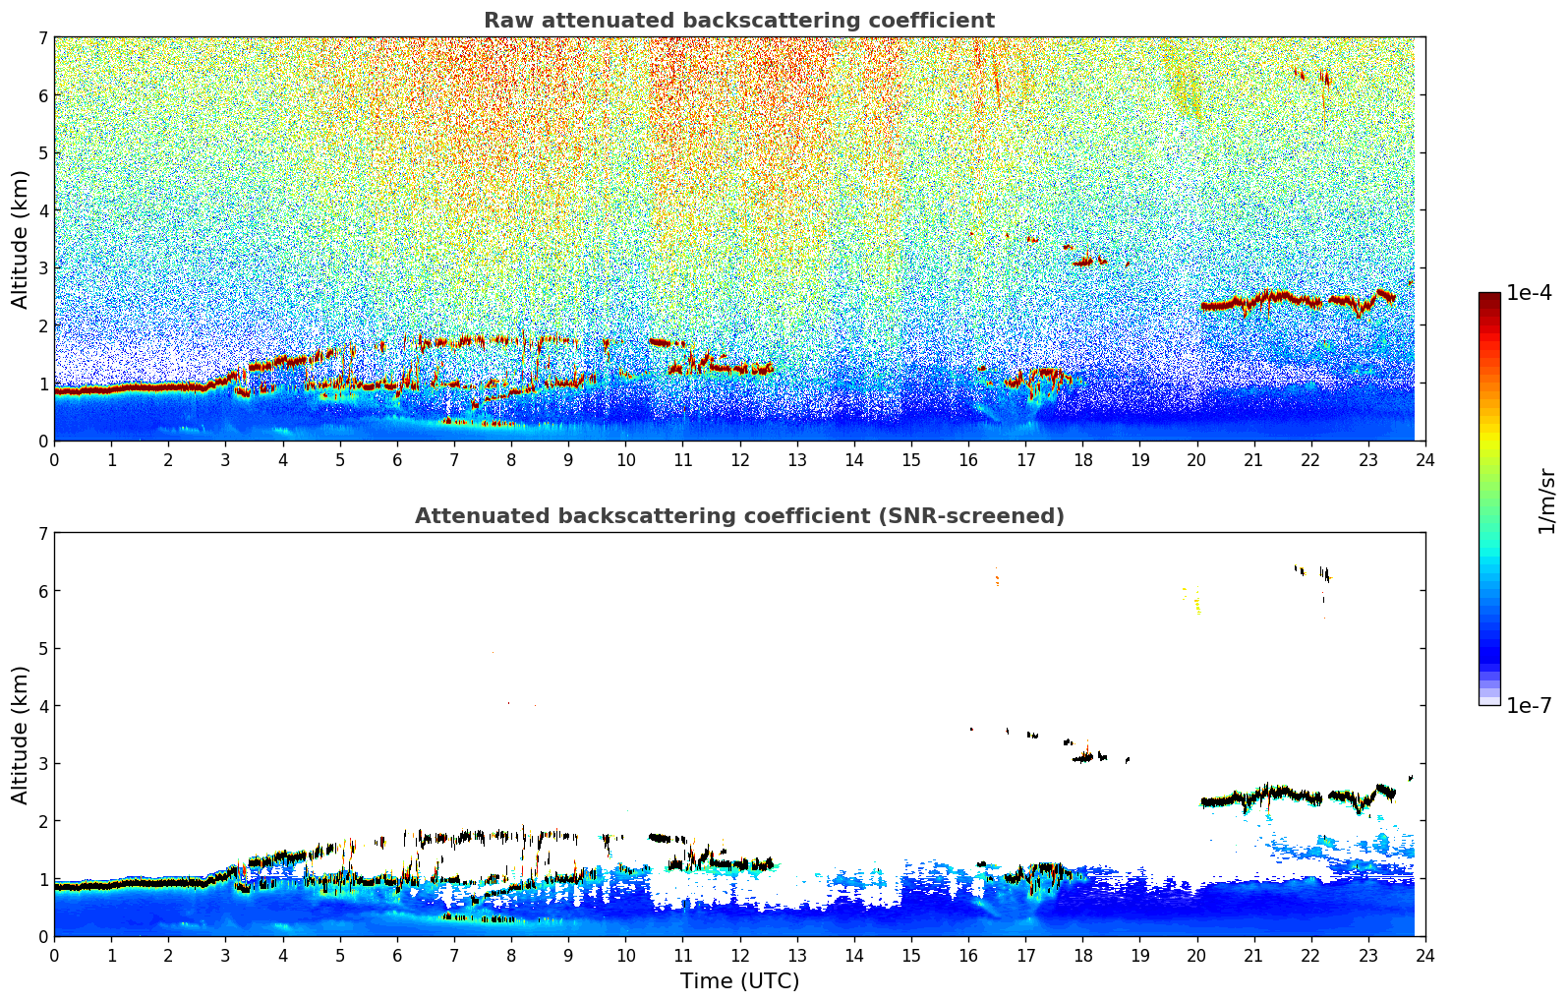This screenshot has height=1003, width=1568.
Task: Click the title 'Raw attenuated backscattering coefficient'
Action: point(738,21)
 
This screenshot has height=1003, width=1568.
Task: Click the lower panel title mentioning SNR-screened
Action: point(738,516)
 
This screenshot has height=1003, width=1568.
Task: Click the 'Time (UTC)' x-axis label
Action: point(739,980)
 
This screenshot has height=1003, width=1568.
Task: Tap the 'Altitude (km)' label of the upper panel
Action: point(21,239)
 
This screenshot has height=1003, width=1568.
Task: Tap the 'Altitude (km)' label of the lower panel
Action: point(21,735)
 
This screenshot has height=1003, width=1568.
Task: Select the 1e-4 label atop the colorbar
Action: point(1529,293)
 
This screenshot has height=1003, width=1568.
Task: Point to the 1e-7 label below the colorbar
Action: point(1529,705)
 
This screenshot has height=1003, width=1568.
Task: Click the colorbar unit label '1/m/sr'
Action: point(1546,501)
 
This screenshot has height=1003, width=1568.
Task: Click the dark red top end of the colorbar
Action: point(1489,298)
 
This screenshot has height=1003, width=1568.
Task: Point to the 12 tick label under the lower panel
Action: point(739,955)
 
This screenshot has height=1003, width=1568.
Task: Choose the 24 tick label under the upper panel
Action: point(1424,459)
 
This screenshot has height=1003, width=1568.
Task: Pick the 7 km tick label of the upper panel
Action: point(42,38)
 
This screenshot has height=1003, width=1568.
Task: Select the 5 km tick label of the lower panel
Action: point(42,649)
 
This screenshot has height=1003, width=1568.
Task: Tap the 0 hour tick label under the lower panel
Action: point(54,955)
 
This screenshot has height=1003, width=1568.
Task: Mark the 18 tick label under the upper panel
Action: point(1082,459)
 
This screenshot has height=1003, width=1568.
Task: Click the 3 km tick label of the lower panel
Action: point(42,764)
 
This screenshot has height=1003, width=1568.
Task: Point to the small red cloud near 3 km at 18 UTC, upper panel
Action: point(1083,262)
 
